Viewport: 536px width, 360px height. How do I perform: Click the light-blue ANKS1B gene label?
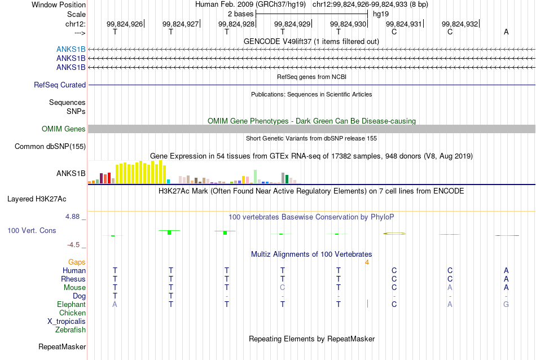71,50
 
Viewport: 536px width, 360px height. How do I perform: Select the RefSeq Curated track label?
60,85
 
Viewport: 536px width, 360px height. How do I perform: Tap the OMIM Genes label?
64,129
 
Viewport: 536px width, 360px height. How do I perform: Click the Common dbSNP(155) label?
50,146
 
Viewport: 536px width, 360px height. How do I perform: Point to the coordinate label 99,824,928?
236,24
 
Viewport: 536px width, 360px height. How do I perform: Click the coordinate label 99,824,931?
404,24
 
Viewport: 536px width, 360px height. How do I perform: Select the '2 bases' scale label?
241,14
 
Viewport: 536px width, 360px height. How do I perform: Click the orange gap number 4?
367,262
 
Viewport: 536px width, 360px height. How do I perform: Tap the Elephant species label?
72,304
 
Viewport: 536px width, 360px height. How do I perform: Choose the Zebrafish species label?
71,330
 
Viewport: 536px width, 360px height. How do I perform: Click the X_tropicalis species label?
67,322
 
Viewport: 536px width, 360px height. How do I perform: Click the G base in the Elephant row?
506,304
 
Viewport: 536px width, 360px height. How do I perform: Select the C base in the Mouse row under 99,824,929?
282,288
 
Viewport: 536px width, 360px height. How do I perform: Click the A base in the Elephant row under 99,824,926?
115,304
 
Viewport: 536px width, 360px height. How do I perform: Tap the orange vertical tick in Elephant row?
367,304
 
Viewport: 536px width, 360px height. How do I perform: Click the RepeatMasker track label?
62,346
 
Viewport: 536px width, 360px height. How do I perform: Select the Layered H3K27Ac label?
37,199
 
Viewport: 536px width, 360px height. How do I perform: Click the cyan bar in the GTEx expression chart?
168,181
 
